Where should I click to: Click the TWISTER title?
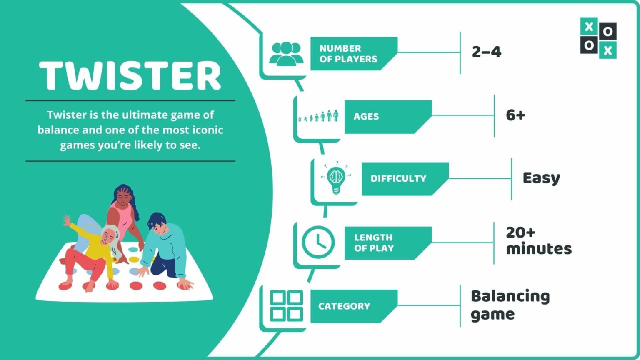[130, 75]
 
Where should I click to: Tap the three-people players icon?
[286, 54]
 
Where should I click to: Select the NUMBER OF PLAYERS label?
[348, 54]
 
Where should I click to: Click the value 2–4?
[486, 52]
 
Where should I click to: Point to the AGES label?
[366, 117]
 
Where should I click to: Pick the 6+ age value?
[515, 115]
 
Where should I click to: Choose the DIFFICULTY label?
[398, 179]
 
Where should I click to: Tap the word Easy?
[541, 178]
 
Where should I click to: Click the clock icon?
[318, 242]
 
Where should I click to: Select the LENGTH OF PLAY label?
[374, 243]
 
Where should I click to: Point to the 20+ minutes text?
[538, 241]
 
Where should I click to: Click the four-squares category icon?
[286, 306]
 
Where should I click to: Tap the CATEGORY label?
[344, 306]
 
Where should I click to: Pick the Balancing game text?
[510, 305]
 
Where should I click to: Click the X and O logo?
[598, 38]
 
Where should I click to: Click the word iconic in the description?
[207, 130]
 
